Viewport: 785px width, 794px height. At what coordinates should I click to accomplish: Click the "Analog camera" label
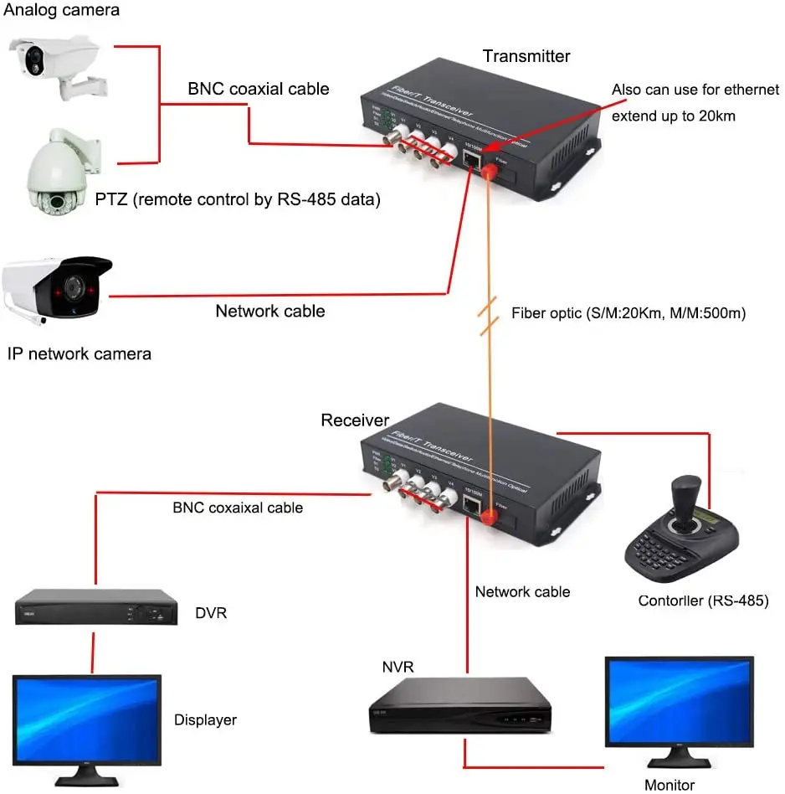(x=62, y=11)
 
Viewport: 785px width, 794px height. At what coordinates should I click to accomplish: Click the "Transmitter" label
(x=526, y=56)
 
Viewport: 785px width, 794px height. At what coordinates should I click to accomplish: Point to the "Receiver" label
(x=355, y=420)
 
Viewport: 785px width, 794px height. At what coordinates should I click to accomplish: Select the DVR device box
(x=97, y=607)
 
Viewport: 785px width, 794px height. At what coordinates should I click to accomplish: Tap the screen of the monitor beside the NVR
(x=679, y=703)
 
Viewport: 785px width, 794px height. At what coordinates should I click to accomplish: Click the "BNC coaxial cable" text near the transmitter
(x=258, y=89)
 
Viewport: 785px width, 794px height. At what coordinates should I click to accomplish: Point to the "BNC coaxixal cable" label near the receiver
(x=238, y=508)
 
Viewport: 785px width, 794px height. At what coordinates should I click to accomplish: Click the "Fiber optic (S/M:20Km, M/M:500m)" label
(x=629, y=313)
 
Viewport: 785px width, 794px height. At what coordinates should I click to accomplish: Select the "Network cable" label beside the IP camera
(x=270, y=311)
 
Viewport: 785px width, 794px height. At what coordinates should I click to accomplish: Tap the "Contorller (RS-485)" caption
(x=703, y=600)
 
